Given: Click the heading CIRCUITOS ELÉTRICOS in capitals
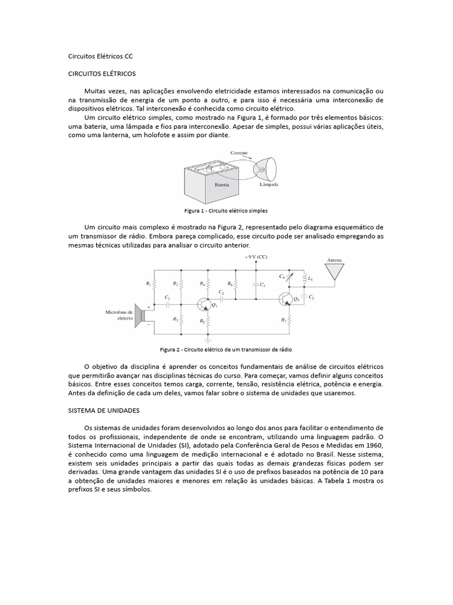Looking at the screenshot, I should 102,74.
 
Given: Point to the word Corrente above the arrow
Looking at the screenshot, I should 239,152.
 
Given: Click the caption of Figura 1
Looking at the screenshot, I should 226,210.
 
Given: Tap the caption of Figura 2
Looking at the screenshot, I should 226,350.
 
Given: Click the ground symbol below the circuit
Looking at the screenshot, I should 208,340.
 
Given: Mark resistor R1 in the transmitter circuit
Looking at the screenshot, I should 154,284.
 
